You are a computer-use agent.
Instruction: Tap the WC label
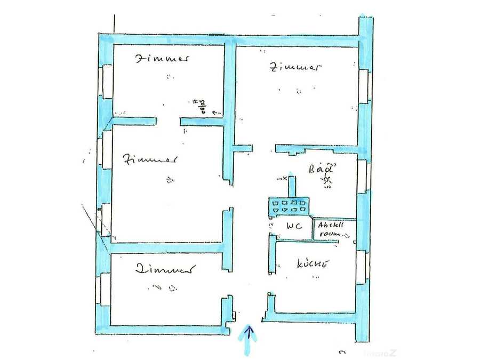[294, 226]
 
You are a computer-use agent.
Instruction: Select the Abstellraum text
[331, 229]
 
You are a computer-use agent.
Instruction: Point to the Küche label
[312, 263]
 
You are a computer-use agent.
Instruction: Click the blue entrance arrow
[248, 340]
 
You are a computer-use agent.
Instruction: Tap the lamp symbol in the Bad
[326, 182]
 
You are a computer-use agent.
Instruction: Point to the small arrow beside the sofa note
[216, 113]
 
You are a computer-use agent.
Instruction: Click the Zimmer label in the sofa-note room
[161, 59]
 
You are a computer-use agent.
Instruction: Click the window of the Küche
[363, 267]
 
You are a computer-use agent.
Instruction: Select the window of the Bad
[363, 177]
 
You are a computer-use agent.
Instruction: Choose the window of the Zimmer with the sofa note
[106, 81]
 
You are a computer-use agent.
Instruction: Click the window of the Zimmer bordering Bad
[364, 85]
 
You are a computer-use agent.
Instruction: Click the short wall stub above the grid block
[292, 186]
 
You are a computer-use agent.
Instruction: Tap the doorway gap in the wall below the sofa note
[167, 122]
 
